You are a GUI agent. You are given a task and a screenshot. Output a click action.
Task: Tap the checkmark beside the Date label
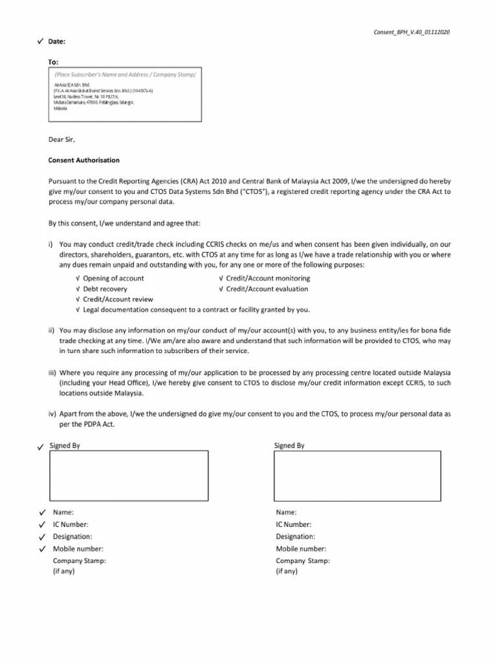point(41,41)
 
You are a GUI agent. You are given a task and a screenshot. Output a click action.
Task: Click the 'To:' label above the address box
point(54,62)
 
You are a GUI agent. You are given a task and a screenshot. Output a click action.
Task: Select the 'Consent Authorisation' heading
point(84,160)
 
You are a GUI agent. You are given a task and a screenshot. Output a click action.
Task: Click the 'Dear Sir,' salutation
point(63,139)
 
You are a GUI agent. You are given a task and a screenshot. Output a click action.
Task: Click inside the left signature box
point(129,476)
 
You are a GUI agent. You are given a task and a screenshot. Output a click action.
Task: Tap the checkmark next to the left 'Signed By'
point(41,447)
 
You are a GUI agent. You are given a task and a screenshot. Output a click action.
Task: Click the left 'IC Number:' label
point(71,524)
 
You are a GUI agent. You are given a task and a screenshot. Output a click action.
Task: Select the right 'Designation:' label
point(296,537)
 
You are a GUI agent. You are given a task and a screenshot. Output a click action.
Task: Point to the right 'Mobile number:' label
point(299,549)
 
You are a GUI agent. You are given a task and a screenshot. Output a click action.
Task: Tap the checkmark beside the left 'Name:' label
point(41,512)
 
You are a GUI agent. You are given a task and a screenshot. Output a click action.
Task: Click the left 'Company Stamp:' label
point(80,561)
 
